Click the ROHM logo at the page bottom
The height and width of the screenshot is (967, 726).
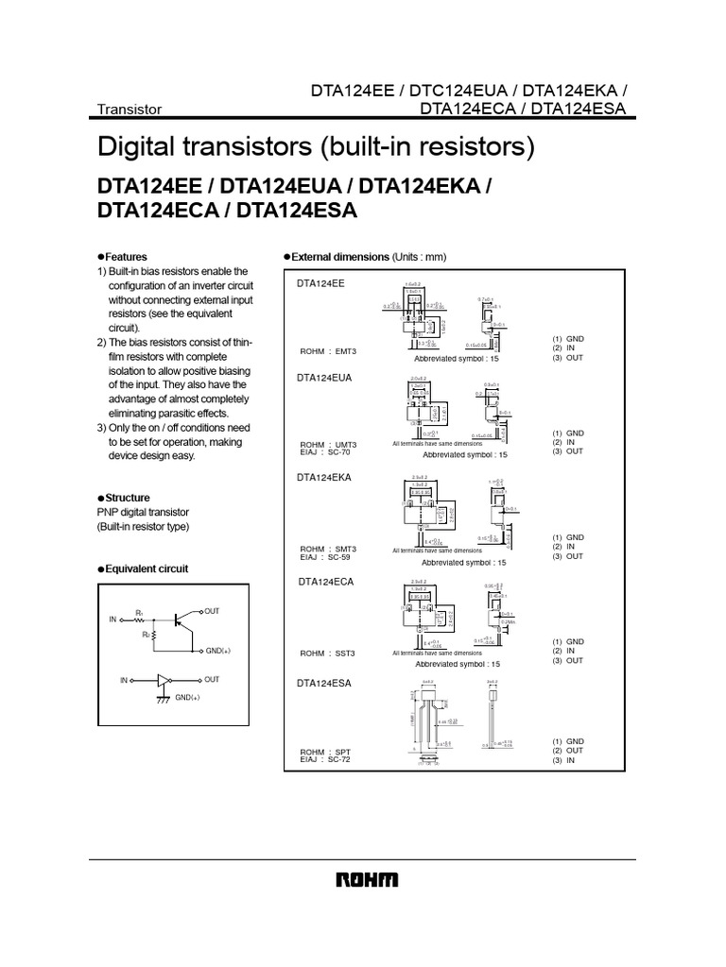point(367,880)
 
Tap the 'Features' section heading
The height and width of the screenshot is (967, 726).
point(126,257)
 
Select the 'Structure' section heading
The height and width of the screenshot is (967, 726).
point(128,498)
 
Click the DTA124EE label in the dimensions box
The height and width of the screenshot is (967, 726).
point(321,283)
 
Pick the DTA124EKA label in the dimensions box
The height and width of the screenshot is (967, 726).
point(324,478)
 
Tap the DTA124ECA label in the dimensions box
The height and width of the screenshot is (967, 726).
point(324,582)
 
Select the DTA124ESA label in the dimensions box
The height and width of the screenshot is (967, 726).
point(324,683)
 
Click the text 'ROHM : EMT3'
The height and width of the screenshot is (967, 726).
point(328,351)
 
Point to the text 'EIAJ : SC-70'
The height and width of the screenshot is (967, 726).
point(326,452)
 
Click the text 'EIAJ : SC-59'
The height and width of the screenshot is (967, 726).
point(326,556)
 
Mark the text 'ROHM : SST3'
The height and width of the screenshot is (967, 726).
point(328,653)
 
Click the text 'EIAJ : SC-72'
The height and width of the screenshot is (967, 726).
point(326,760)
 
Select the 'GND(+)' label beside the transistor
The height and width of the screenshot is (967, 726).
point(218,652)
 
